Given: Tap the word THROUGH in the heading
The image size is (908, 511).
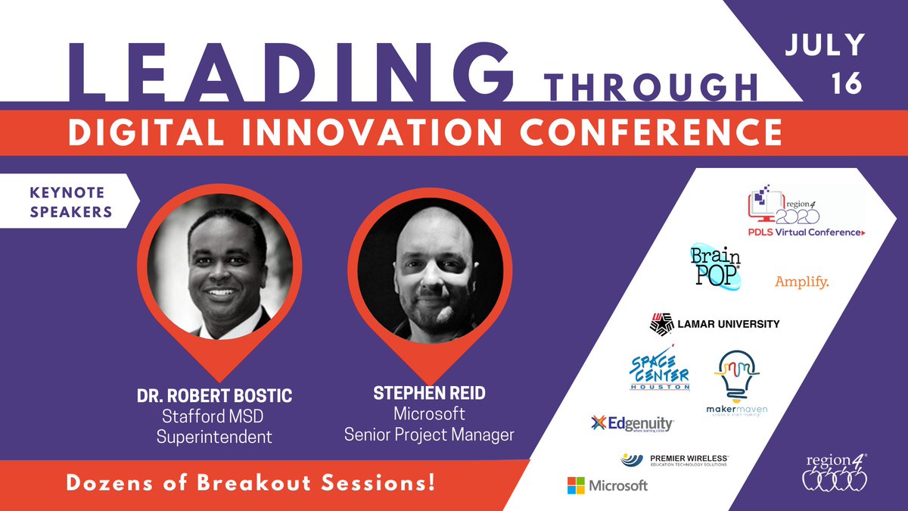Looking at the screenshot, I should point(652,86).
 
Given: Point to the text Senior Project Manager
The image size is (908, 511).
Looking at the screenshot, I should point(429,435).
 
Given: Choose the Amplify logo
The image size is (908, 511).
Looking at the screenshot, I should point(802,282).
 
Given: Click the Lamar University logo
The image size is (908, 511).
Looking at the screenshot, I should point(714,324).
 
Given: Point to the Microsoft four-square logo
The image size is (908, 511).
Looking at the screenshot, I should point(577,485).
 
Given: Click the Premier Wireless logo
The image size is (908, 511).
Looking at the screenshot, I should point(674,460).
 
